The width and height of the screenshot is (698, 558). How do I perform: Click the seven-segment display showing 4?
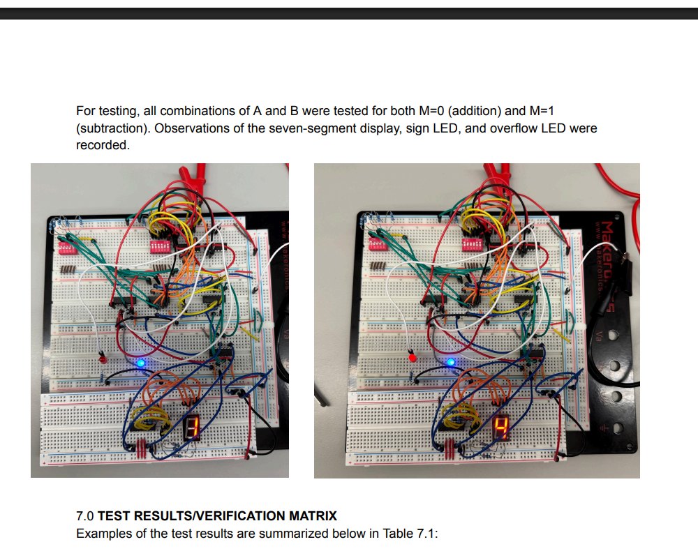[x=501, y=427]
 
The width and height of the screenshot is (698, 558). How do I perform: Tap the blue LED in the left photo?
[x=141, y=363]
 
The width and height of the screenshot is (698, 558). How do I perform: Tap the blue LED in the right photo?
[x=451, y=362]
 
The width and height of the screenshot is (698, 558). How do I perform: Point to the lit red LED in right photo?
[x=413, y=357]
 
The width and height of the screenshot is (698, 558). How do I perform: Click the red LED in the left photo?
[x=103, y=360]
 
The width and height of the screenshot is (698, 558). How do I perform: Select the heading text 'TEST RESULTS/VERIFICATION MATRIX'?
[x=217, y=516]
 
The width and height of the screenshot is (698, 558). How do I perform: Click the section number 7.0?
[x=85, y=516]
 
